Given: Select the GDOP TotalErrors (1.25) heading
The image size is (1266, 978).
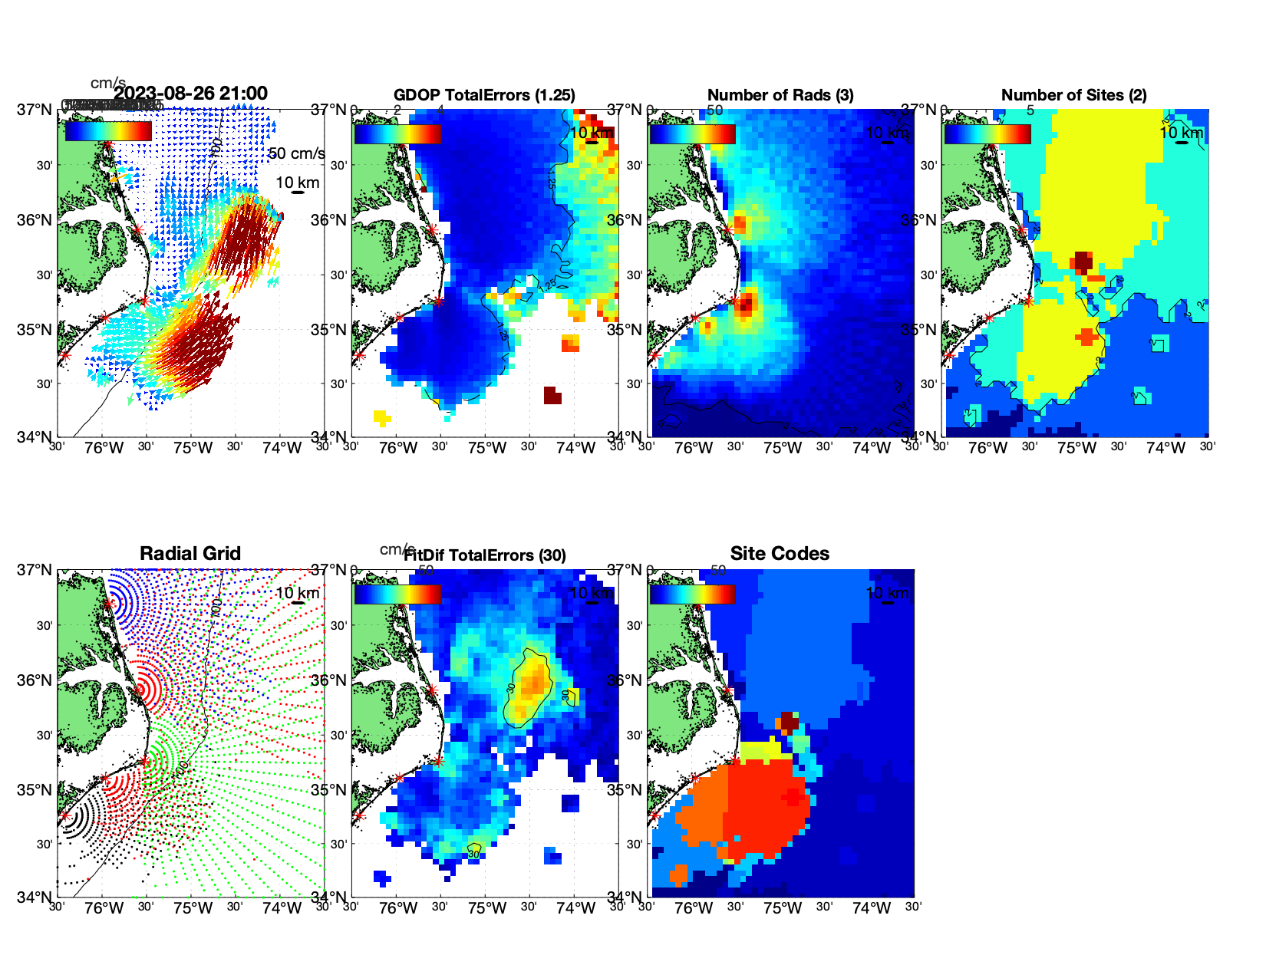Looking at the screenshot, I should (484, 95).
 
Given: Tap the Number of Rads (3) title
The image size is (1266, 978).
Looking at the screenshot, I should (780, 95).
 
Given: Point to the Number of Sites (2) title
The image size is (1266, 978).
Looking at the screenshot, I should (1073, 95).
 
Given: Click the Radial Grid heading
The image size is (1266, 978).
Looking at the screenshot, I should (190, 554).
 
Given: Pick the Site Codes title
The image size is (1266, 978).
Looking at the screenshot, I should (780, 554).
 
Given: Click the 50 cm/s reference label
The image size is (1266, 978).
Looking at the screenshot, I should (297, 153).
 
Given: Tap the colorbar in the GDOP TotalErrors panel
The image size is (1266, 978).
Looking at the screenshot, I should (397, 133).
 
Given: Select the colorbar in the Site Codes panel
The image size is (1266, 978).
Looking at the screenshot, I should (692, 594).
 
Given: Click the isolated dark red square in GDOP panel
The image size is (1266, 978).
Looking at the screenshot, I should (552, 396).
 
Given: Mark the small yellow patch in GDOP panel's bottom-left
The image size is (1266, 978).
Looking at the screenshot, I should (381, 417).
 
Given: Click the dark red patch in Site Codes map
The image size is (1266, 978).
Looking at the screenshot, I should (789, 721).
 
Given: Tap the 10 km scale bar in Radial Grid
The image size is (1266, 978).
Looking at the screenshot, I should (298, 603).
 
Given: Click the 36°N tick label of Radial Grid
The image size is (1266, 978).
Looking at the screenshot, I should (35, 680).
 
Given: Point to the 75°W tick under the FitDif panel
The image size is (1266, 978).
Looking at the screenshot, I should (486, 908).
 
